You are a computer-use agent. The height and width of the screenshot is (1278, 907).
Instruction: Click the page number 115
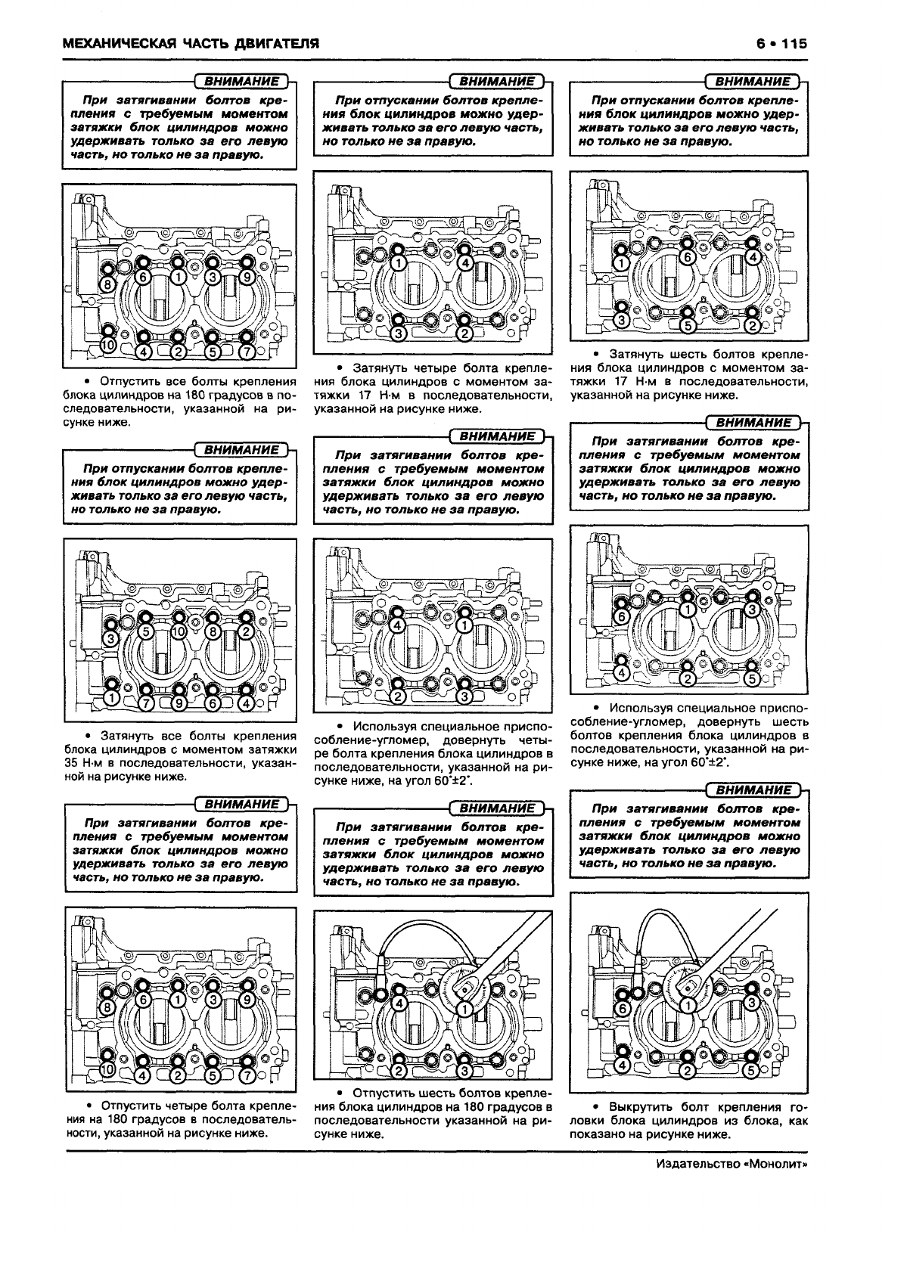click(794, 43)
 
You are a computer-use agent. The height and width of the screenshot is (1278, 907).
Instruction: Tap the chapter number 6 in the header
click(760, 43)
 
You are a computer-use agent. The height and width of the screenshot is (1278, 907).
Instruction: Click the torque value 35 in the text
click(71, 763)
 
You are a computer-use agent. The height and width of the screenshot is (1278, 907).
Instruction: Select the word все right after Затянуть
click(172, 736)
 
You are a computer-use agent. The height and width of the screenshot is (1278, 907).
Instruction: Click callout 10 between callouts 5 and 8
click(179, 631)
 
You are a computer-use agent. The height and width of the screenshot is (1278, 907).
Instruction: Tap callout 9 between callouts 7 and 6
click(179, 703)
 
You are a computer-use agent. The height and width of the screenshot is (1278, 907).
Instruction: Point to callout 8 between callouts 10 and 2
click(213, 631)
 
